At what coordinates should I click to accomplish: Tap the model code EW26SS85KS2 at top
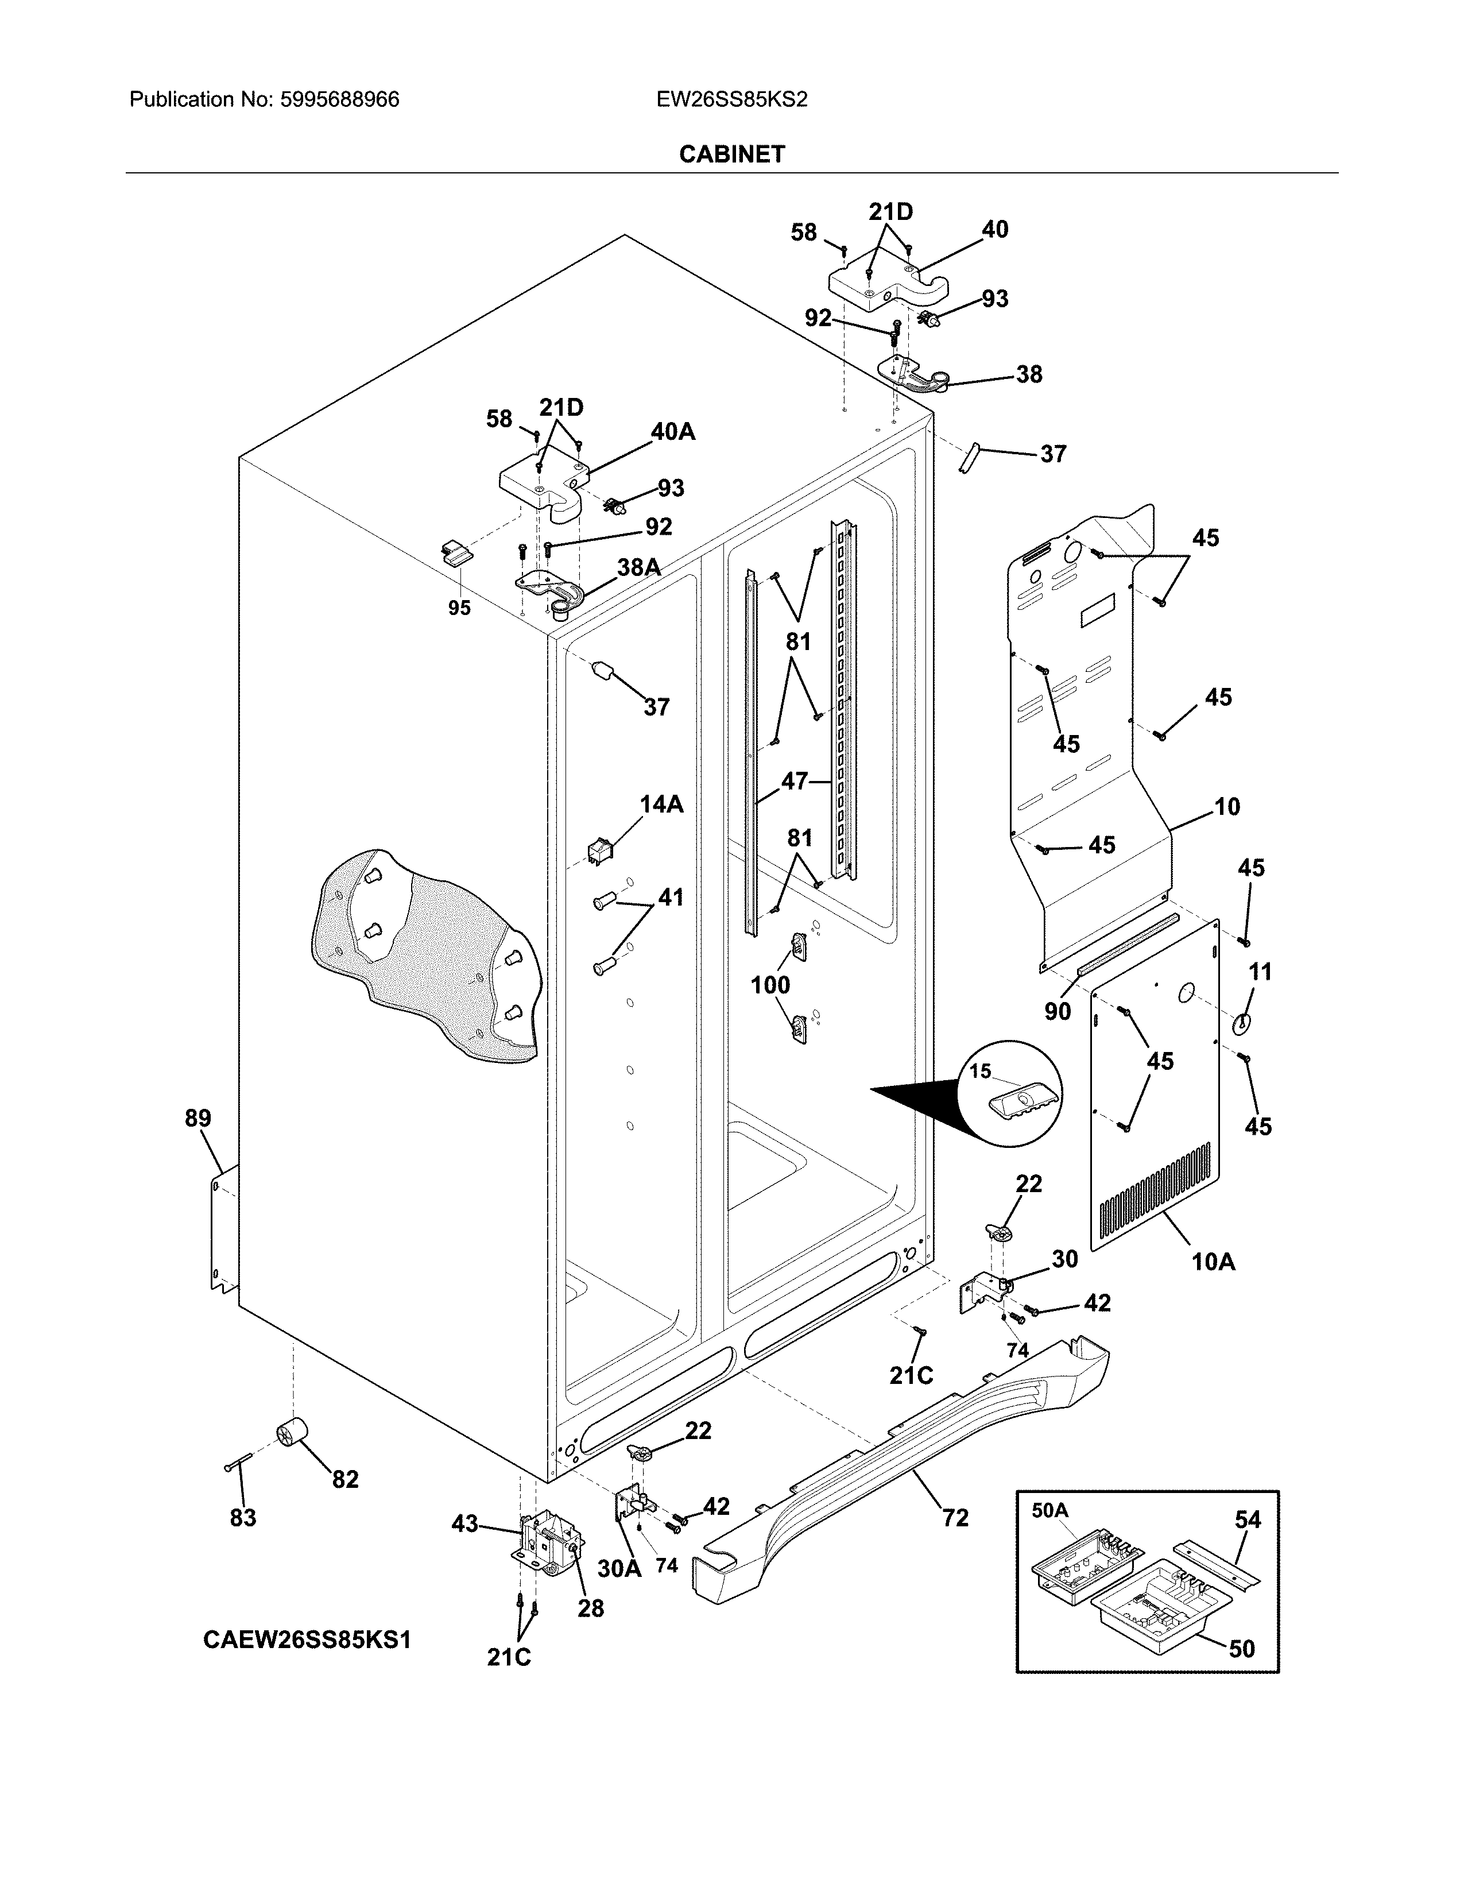tap(731, 100)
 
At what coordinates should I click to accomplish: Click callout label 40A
tap(673, 432)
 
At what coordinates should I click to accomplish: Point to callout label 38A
tap(638, 567)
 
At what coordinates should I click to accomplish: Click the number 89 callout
tap(197, 1119)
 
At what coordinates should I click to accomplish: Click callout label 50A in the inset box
tap(1049, 1511)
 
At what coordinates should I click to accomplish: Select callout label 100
tap(770, 985)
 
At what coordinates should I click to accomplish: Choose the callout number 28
tap(591, 1608)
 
